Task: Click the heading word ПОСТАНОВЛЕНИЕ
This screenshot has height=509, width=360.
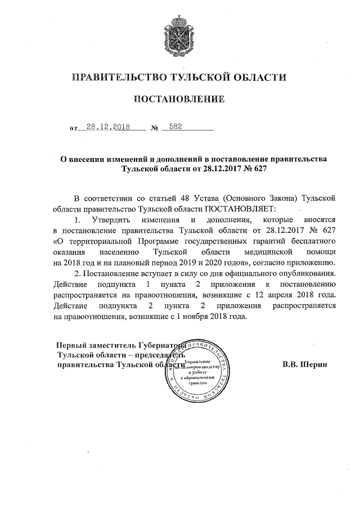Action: [179, 100]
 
